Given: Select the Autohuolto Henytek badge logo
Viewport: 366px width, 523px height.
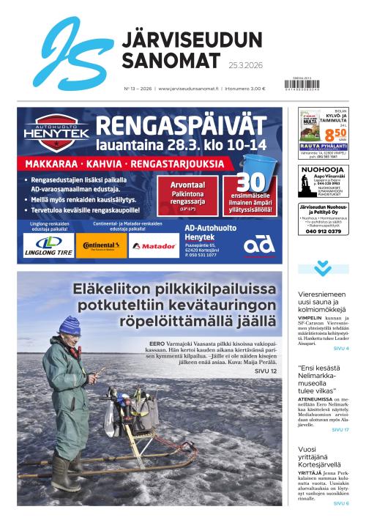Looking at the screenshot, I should (x=57, y=132).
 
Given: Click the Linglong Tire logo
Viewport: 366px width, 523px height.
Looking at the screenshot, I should (x=48, y=245).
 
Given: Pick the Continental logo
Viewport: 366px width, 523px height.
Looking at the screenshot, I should (x=100, y=246).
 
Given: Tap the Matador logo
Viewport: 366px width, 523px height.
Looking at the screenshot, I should (x=154, y=246).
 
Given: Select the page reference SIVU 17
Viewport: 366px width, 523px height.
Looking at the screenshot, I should (x=340, y=429).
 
